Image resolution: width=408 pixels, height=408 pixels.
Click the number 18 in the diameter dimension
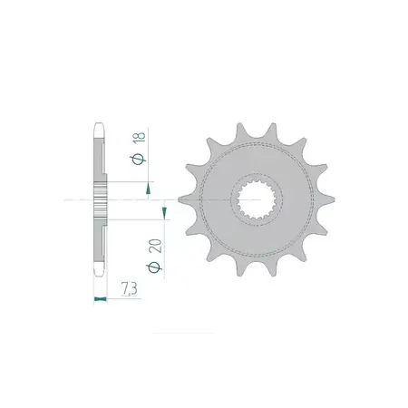tap(140, 137)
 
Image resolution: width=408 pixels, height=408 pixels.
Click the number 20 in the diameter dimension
tap(155, 247)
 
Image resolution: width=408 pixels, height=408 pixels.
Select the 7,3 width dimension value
tap(130, 288)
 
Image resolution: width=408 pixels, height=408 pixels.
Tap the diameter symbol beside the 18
tap(139, 159)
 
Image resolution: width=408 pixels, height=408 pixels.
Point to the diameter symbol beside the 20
tap(154, 267)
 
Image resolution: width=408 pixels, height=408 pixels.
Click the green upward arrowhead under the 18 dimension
tap(148, 189)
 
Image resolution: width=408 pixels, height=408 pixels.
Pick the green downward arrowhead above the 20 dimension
tap(164, 212)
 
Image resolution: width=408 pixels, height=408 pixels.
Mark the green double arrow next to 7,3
tap(101, 299)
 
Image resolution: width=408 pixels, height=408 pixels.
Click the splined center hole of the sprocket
tap(257, 199)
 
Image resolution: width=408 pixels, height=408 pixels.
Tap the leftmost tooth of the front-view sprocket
tap(185, 199)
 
